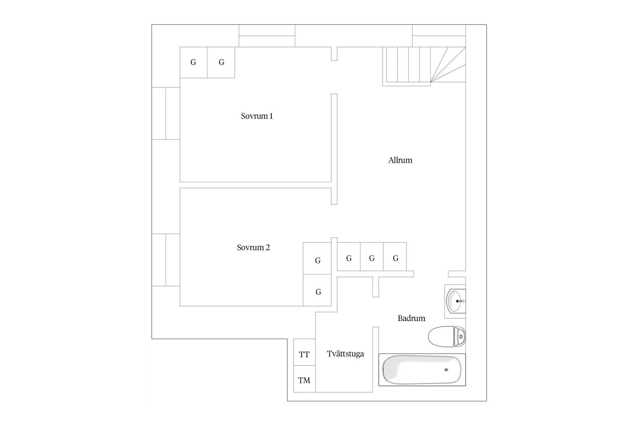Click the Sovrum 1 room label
257,116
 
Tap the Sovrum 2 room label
253,248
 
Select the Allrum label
400,160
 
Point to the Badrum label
411,318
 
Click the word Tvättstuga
345,354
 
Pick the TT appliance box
304,352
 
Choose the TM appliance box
304,379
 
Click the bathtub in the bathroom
422,370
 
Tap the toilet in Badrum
447,336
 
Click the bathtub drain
446,370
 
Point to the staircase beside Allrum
424,66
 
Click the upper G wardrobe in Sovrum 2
317,258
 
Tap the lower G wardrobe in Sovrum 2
317,290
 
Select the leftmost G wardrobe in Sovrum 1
194,62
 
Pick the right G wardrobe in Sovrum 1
221,62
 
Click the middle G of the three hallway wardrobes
372,257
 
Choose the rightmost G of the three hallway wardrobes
395,257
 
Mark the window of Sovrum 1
166,113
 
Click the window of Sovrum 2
166,260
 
